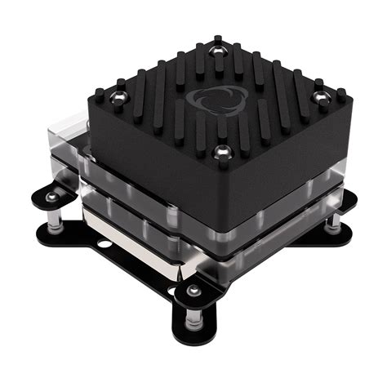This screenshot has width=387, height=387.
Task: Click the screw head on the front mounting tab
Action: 193,291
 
